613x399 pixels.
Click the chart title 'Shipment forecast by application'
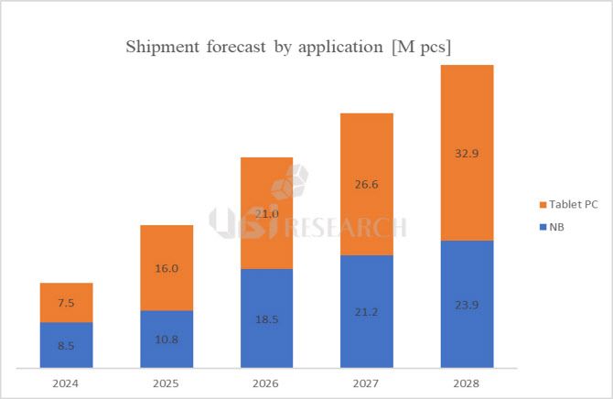coord(288,47)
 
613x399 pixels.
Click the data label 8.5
coord(67,345)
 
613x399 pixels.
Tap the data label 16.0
coord(167,268)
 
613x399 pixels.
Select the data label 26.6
coord(367,184)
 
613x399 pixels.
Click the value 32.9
coord(468,152)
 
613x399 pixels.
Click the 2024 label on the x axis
coord(67,383)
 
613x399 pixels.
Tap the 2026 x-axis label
coord(267,383)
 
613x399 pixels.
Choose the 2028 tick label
coord(468,383)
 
